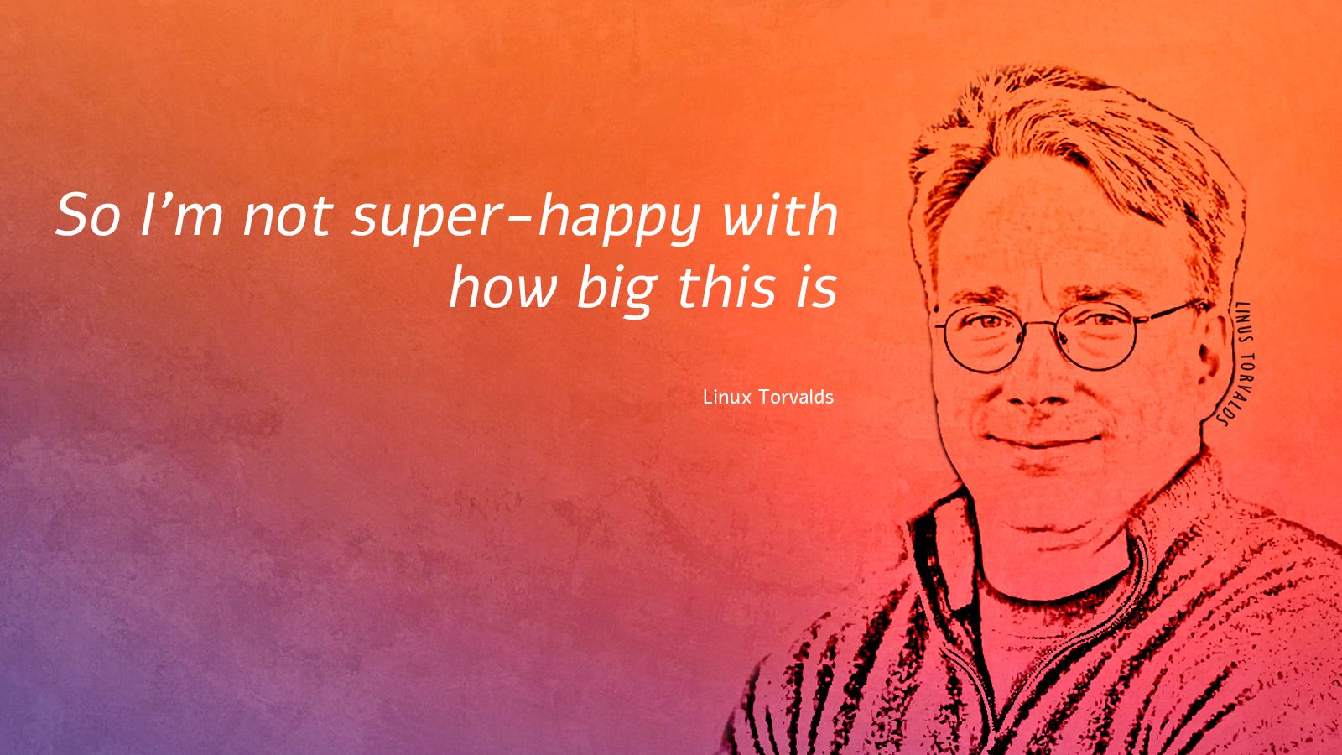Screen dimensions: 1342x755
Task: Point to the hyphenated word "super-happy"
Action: (525, 219)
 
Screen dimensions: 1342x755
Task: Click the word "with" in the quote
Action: (780, 215)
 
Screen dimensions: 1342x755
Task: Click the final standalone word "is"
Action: (817, 288)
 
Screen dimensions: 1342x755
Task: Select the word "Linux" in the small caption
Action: (726, 397)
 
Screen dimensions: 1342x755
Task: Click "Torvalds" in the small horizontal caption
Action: (796, 397)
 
